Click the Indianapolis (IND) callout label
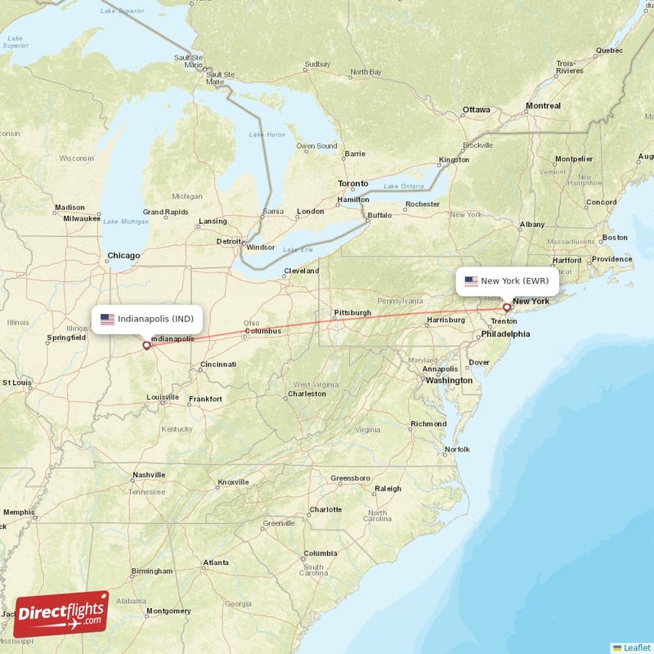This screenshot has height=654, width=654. [146, 319]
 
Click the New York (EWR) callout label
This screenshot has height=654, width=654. [508, 281]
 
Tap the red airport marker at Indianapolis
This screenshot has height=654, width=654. [147, 345]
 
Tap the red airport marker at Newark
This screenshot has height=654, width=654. [507, 308]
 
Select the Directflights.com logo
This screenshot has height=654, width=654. [61, 614]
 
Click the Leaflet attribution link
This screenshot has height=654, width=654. [633, 646]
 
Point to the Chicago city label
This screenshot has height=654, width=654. [123, 256]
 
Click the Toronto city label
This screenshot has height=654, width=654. [353, 183]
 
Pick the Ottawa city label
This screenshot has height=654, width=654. [476, 110]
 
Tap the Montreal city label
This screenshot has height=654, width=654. [543, 105]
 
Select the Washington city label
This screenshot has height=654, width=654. [449, 380]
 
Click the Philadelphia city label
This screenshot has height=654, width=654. [505, 334]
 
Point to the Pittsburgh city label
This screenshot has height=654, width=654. [352, 312]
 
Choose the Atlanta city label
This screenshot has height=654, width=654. [216, 562]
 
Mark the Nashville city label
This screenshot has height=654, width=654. [149, 474]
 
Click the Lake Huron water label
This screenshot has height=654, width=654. [267, 134]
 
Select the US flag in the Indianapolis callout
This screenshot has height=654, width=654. [107, 319]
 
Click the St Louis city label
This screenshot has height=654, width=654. [16, 382]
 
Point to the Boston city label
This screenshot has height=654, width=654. [614, 238]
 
